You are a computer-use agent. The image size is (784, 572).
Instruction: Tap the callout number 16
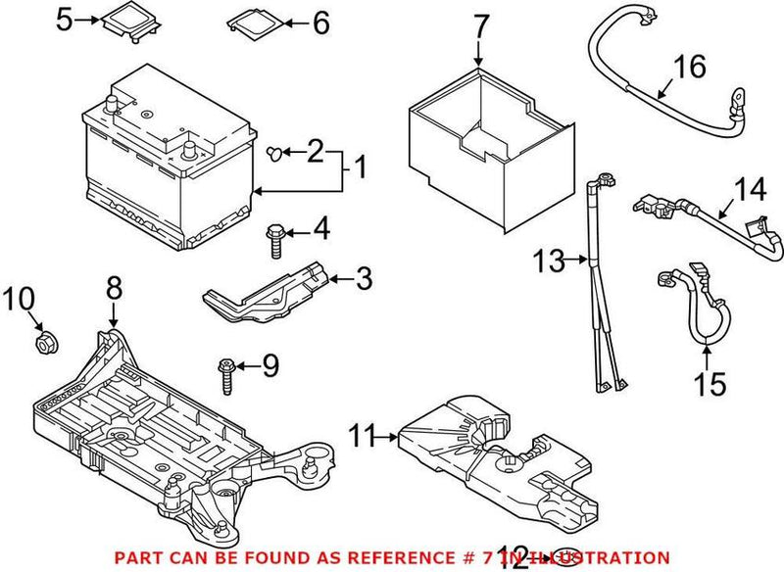click(690, 68)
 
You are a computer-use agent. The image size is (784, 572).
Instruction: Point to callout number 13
click(548, 261)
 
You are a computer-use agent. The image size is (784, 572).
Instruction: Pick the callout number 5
click(64, 19)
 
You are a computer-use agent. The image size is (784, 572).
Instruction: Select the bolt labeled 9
click(225, 373)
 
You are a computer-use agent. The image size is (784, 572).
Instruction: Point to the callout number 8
click(114, 288)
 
